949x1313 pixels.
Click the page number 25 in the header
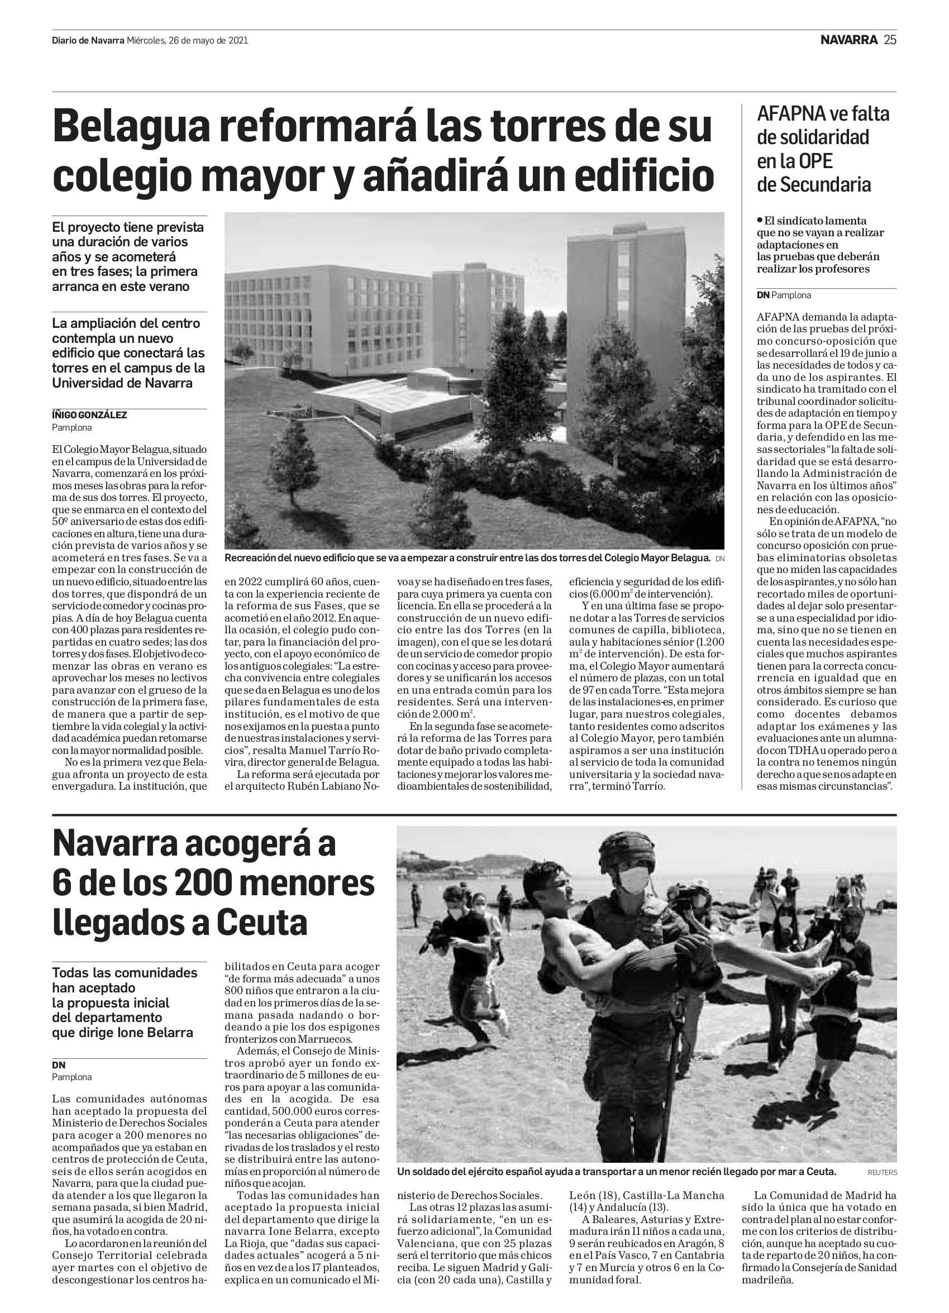pyautogui.click(x=890, y=40)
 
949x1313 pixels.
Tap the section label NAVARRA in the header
pyautogui.click(x=849, y=40)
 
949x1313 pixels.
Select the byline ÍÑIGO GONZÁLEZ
pyautogui.click(x=89, y=415)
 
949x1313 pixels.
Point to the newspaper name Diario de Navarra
pyautogui.click(x=88, y=41)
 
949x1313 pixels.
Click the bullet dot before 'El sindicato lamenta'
pyautogui.click(x=760, y=220)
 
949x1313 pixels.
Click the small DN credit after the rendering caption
pyautogui.click(x=720, y=558)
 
